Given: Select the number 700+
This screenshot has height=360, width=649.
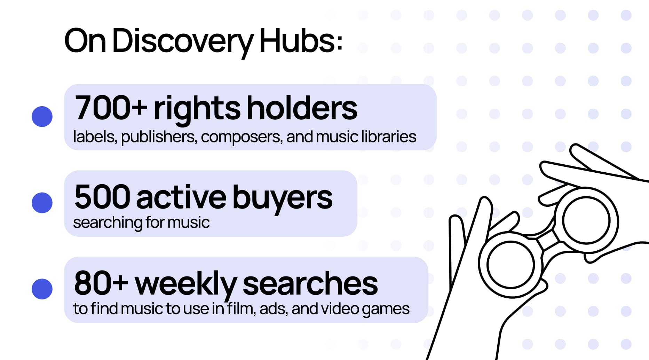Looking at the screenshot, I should (111, 108).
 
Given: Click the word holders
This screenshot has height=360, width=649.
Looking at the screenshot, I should (302, 108).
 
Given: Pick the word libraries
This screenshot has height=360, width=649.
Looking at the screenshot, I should (388, 136).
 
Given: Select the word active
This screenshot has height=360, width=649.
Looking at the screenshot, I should (181, 197).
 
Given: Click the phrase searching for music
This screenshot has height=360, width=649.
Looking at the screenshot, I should (141, 222).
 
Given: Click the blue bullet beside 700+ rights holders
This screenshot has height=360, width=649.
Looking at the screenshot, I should (42, 117).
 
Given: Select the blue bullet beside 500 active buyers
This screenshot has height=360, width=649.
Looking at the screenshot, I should (42, 203).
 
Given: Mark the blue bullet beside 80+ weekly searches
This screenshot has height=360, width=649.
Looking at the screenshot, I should (42, 289).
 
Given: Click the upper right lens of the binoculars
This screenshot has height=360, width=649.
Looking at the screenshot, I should (586, 220).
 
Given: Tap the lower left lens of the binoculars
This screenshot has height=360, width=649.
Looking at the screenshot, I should (511, 265).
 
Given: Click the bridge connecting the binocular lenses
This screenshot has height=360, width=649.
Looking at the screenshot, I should (548, 240).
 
